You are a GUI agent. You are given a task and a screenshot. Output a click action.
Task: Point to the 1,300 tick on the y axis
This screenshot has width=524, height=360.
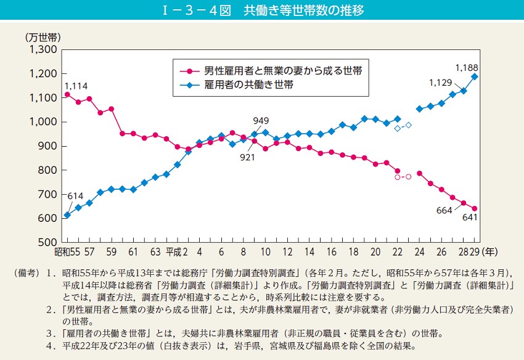pyautogui.click(x=43, y=49)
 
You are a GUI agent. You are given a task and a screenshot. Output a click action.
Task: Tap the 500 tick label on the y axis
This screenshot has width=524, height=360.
pyautogui.click(x=47, y=242)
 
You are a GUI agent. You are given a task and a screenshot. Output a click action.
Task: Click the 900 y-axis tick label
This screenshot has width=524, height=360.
pyautogui.click(x=47, y=146)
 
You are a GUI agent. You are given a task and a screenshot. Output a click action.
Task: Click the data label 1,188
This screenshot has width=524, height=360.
pyautogui.click(x=466, y=67)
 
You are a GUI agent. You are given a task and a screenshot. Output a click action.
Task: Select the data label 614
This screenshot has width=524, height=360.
pyautogui.click(x=75, y=197)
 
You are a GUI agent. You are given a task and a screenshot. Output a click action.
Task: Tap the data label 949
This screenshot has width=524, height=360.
pyautogui.click(x=261, y=120)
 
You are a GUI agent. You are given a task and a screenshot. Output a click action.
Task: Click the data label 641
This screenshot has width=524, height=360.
pyautogui.click(x=470, y=218)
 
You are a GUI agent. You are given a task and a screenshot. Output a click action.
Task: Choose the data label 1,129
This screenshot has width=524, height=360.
pyautogui.click(x=441, y=83)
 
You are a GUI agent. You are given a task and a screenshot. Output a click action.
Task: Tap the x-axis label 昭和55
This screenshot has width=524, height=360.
pyautogui.click(x=65, y=252)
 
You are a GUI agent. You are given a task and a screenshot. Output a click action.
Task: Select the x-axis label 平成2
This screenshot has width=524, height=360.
pyautogui.click(x=177, y=252)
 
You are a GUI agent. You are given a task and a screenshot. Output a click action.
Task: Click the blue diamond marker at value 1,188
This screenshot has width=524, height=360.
pyautogui.click(x=475, y=76)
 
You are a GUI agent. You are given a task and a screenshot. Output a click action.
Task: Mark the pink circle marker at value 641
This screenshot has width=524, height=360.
pyautogui.click(x=475, y=208)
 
